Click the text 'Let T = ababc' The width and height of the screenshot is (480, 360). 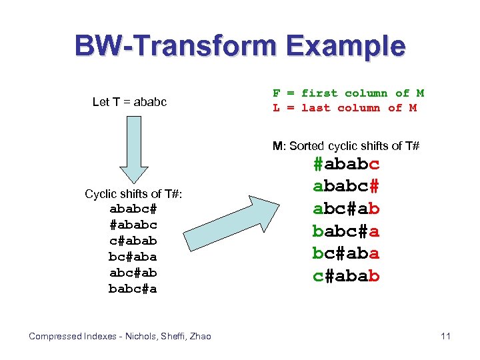[x=129, y=102]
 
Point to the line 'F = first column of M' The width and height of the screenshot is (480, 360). [x=348, y=93]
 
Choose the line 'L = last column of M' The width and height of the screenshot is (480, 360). [x=344, y=108]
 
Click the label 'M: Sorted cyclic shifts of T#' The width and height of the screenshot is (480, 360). [x=345, y=145]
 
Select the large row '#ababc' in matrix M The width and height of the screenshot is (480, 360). [x=346, y=164]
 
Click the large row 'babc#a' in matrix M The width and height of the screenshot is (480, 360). [x=346, y=231]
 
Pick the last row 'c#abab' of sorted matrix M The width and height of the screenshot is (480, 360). [x=346, y=275]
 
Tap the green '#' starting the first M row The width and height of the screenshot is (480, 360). [x=319, y=164]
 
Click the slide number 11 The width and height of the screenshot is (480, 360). [x=445, y=336]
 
